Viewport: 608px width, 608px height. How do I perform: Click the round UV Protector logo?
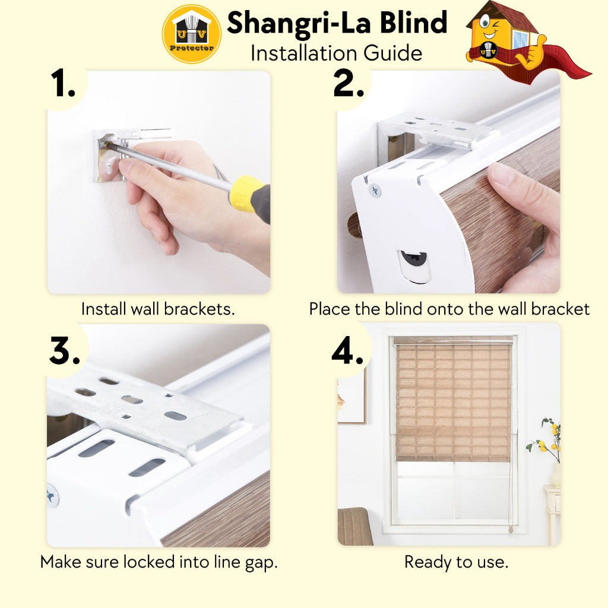point(191,34)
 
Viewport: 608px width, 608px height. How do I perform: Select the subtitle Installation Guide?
point(336,53)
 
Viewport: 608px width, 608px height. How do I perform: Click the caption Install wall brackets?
point(158,309)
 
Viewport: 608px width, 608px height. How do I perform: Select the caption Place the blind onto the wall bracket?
point(449,309)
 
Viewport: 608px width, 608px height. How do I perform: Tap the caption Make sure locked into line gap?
point(159,562)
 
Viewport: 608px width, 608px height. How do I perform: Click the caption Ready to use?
point(456,562)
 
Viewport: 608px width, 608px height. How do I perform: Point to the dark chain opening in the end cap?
point(414,259)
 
